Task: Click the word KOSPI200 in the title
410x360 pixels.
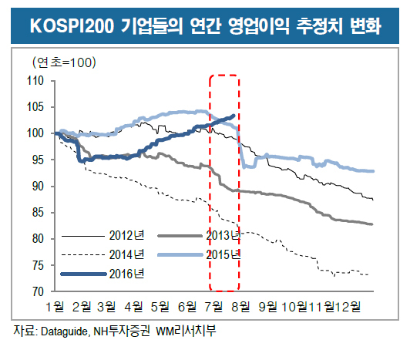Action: pyautogui.click(x=72, y=26)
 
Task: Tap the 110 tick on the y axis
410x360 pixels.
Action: pyautogui.click(x=35, y=81)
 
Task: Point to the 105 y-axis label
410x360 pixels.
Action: pyautogui.click(x=35, y=106)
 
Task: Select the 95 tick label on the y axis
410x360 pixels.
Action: pyautogui.click(x=38, y=160)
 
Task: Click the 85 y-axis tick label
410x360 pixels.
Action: pyautogui.click(x=38, y=212)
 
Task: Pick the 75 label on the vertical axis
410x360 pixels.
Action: pyautogui.click(x=38, y=265)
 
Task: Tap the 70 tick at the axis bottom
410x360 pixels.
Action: pyautogui.click(x=38, y=291)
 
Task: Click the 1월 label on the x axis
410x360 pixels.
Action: pyautogui.click(x=55, y=306)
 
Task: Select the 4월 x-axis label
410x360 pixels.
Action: pyautogui.click(x=134, y=306)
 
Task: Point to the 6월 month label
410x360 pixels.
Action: pyautogui.click(x=187, y=306)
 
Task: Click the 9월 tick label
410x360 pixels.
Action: pyautogui.click(x=267, y=306)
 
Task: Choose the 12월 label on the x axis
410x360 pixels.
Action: pyautogui.click(x=348, y=306)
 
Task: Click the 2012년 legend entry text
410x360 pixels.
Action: pyautogui.click(x=126, y=235)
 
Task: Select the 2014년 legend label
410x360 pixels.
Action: pyautogui.click(x=126, y=254)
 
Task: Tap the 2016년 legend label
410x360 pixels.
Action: pyautogui.click(x=126, y=274)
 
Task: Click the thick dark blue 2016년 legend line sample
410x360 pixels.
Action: pyautogui.click(x=83, y=274)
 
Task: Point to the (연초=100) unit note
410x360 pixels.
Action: pyautogui.click(x=64, y=62)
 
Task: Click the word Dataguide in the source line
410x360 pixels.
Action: pyautogui.click(x=64, y=331)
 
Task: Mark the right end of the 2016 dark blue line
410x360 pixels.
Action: pyautogui.click(x=234, y=115)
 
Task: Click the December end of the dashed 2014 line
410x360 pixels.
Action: pyautogui.click(x=368, y=274)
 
